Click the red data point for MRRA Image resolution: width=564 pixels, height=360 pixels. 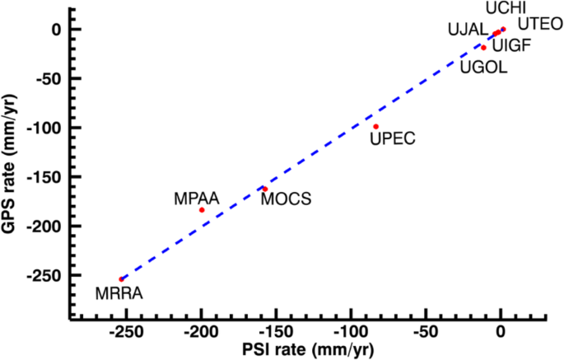pyautogui.click(x=121, y=279)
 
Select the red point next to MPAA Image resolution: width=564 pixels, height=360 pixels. pyautogui.click(x=202, y=210)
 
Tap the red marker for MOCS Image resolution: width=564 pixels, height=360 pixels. pyautogui.click(x=264, y=189)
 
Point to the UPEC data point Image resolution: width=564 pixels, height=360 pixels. pyautogui.click(x=375, y=126)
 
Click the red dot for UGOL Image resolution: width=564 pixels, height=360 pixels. pyautogui.click(x=483, y=48)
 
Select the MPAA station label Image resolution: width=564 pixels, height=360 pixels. pyautogui.click(x=196, y=199)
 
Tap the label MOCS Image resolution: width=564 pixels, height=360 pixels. pyautogui.click(x=286, y=199)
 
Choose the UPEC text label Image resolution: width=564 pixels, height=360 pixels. pyautogui.click(x=394, y=138)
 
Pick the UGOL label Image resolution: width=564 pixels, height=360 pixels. pyautogui.click(x=484, y=67)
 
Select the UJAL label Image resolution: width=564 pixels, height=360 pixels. pyautogui.click(x=468, y=30)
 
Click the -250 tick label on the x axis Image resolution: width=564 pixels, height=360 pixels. pyautogui.click(x=124, y=333)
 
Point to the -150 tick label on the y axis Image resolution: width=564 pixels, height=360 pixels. pyautogui.click(x=43, y=177)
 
